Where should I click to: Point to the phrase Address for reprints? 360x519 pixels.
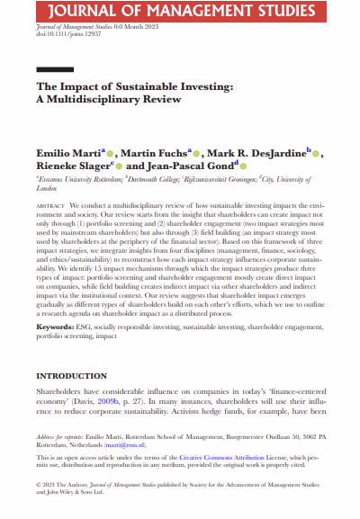60,436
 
